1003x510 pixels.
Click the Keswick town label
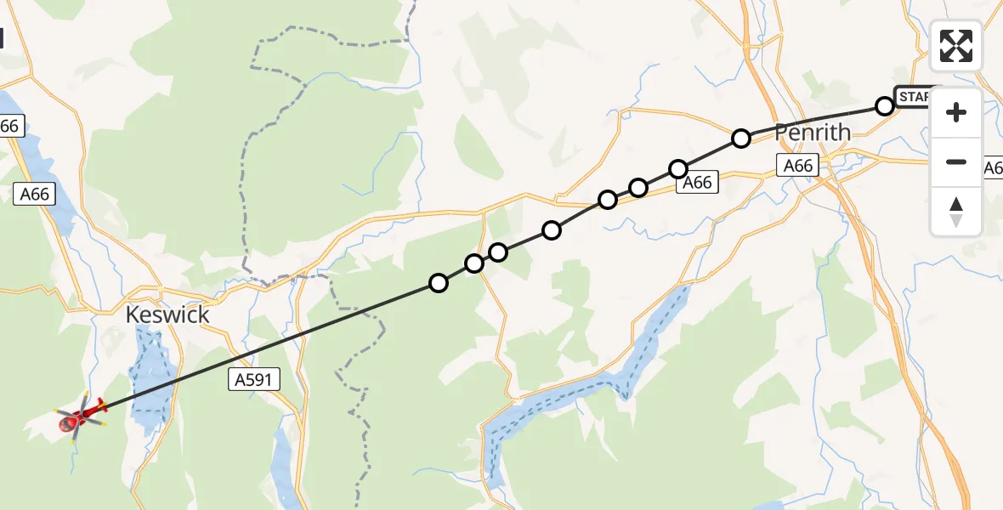click(x=167, y=314)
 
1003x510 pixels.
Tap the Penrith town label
click(x=813, y=133)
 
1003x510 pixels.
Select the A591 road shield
click(x=254, y=380)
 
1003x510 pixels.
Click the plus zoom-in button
click(x=956, y=112)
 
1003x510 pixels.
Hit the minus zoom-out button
click(x=956, y=161)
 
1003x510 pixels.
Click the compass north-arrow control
click(x=956, y=212)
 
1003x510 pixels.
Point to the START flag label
click(x=916, y=97)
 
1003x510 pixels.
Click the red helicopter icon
click(x=79, y=416)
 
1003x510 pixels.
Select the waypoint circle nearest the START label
click(x=885, y=106)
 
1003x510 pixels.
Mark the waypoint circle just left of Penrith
click(x=741, y=138)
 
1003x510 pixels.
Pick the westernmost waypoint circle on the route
click(x=439, y=283)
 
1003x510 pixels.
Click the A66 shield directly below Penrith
click(x=798, y=166)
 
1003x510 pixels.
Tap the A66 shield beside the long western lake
click(x=35, y=195)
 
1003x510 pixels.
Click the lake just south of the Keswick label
click(x=153, y=374)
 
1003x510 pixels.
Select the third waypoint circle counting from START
click(x=677, y=169)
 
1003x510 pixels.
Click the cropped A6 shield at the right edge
click(x=993, y=167)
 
